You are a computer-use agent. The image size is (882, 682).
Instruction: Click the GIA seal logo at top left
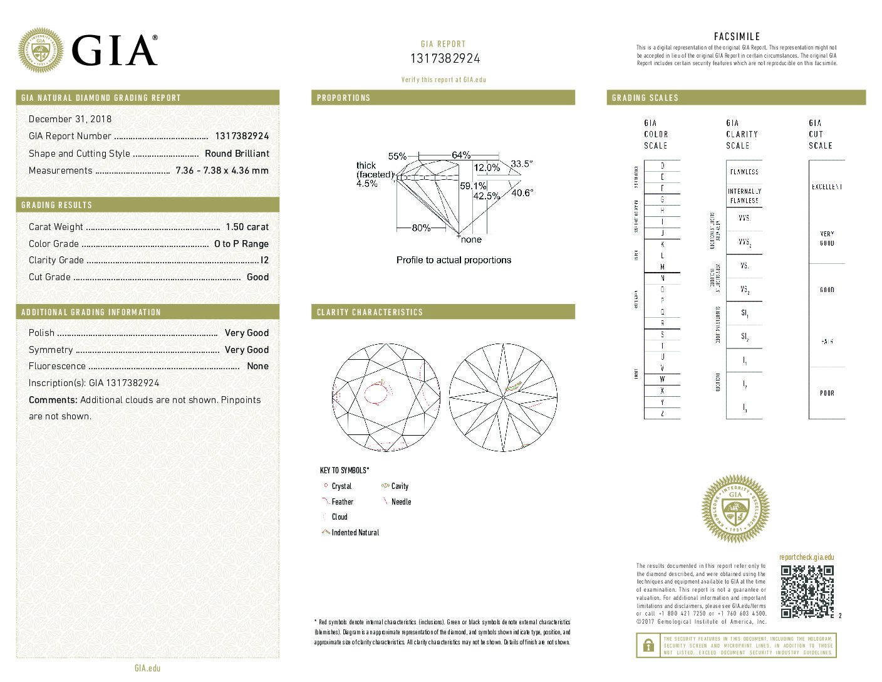click(x=41, y=50)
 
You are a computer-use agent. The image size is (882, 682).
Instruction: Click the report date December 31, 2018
click(x=70, y=119)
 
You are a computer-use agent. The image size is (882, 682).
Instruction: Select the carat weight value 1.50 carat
click(x=247, y=227)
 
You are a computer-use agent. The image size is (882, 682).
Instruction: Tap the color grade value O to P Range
click(x=241, y=244)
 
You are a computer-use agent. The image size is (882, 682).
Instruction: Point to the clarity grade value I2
click(x=264, y=260)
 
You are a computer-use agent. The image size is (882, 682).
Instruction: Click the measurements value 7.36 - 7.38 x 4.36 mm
click(x=222, y=170)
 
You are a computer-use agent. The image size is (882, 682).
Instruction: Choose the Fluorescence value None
click(x=257, y=366)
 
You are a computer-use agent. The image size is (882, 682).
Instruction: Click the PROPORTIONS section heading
click(x=343, y=98)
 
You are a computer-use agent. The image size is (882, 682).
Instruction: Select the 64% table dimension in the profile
click(x=461, y=155)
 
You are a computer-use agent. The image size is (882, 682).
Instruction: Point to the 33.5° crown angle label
click(x=521, y=164)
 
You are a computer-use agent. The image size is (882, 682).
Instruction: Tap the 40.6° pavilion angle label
click(x=522, y=192)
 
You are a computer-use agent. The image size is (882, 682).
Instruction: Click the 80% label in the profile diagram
click(x=421, y=228)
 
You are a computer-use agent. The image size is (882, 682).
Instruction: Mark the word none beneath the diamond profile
click(x=471, y=239)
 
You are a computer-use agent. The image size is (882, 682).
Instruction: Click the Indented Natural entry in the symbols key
click(x=355, y=533)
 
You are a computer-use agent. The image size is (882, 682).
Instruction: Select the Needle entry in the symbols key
click(x=401, y=502)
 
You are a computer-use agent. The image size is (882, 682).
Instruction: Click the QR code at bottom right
click(x=807, y=591)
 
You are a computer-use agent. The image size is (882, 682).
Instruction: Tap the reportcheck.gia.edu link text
click(x=806, y=557)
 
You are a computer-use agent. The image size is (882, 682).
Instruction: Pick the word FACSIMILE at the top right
click(x=737, y=36)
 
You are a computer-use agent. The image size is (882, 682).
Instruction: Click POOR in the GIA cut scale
click(x=827, y=393)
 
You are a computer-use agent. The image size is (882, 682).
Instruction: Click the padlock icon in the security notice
click(x=646, y=645)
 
